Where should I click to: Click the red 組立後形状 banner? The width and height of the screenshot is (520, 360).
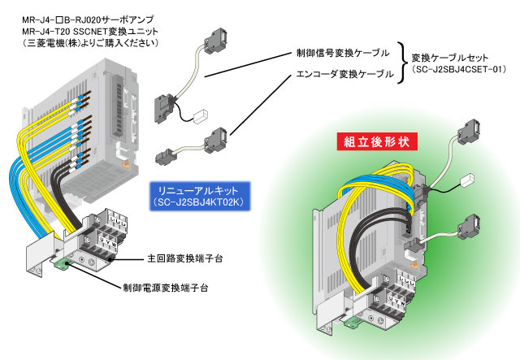click(x=377, y=141)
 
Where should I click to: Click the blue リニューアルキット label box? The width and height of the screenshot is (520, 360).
click(x=199, y=196)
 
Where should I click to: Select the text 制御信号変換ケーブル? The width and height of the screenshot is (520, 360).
click(x=343, y=53)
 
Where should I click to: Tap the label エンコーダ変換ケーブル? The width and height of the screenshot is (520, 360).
click(x=344, y=74)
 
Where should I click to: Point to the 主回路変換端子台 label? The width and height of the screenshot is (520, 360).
click(x=185, y=258)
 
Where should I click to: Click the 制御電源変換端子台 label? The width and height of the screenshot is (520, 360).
click(x=166, y=288)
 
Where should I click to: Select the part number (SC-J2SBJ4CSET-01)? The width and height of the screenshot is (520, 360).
click(x=459, y=69)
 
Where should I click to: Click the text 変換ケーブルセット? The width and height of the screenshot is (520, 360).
click(x=449, y=58)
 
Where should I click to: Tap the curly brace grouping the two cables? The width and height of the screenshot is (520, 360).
click(x=402, y=63)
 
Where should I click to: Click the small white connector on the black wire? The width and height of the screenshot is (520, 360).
click(x=201, y=116)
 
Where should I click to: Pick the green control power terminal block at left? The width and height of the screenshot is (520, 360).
click(x=62, y=263)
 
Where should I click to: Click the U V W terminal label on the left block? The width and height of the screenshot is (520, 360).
click(x=109, y=241)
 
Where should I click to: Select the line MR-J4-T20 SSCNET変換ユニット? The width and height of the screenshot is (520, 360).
click(x=90, y=32)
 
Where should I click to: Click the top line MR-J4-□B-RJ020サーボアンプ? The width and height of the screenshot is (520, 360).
click(x=88, y=20)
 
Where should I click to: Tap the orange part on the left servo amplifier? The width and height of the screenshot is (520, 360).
click(x=125, y=164)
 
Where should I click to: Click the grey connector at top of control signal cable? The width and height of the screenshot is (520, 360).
click(x=214, y=41)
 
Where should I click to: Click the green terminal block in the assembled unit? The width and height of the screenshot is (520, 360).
click(x=353, y=322)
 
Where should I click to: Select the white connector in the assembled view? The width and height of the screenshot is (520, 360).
click(x=468, y=180)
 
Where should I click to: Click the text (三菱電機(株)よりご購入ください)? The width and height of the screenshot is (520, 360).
click(x=91, y=43)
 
